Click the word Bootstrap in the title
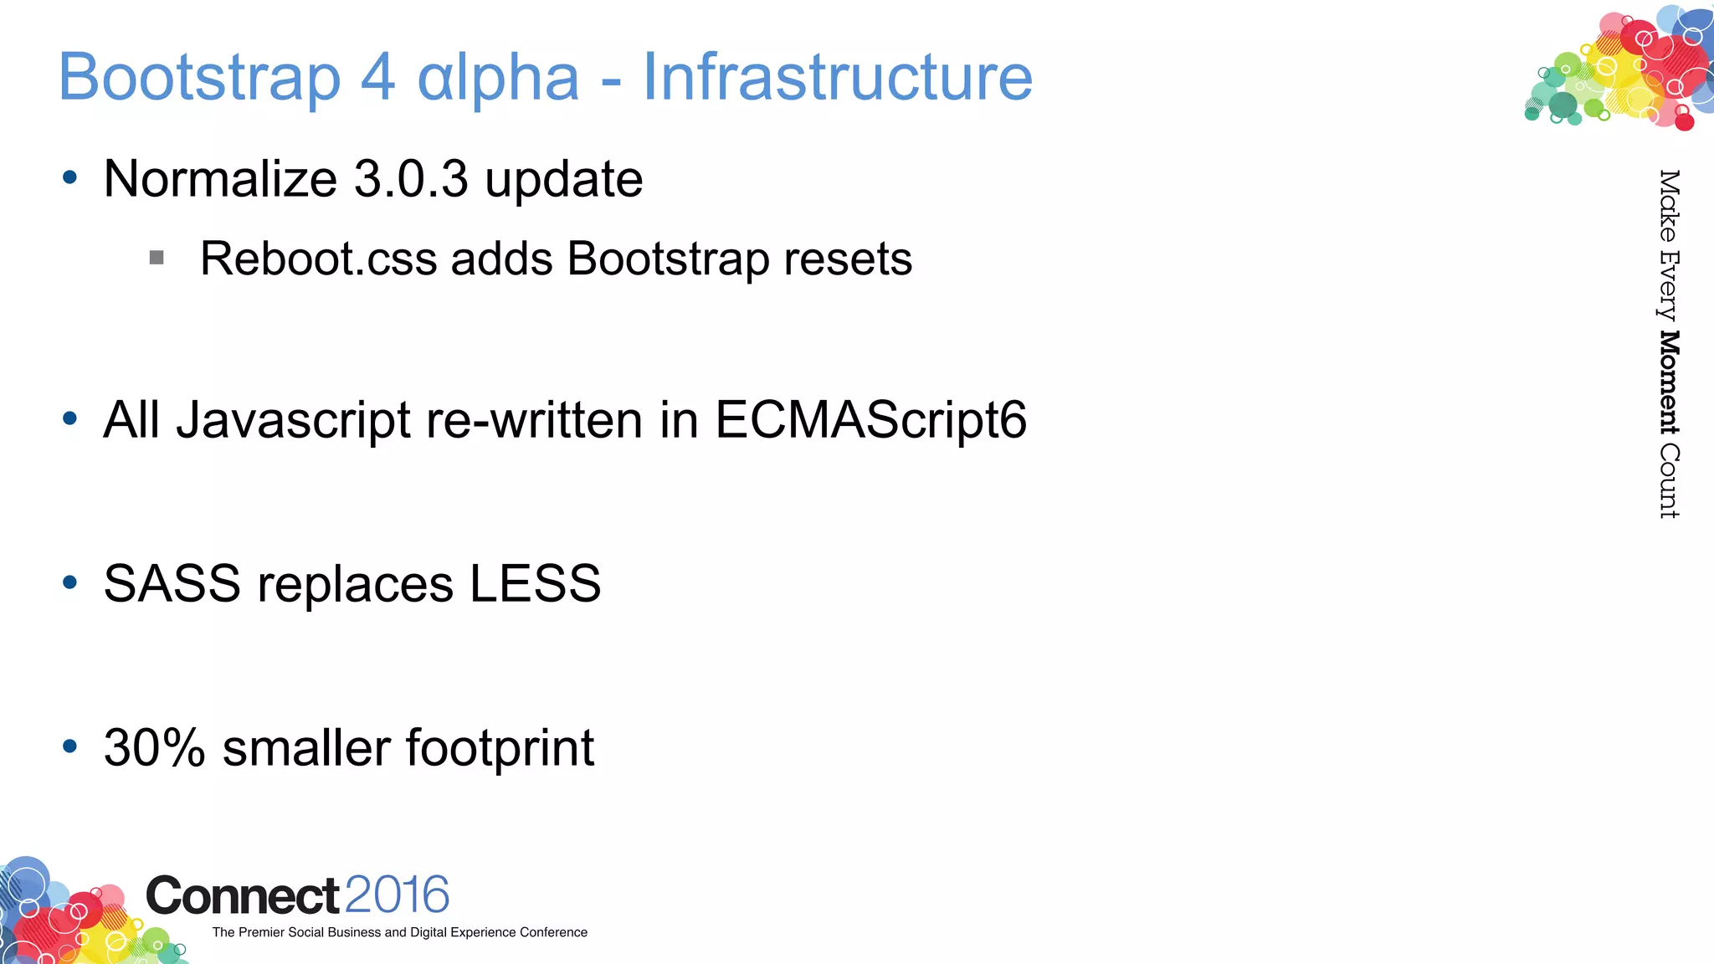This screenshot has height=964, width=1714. pos(199,78)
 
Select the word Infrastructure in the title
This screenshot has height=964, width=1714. pos(838,78)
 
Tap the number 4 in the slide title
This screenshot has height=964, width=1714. pos(377,78)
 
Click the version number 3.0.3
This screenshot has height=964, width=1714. pos(411,179)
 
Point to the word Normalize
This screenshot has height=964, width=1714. pos(220,179)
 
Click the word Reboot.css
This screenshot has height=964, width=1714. pos(319,259)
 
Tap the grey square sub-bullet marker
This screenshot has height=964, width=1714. pos(157,258)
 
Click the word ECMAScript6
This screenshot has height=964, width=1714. pos(870,419)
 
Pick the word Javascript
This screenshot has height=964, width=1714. pos(293,419)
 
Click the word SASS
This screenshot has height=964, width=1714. pos(172,583)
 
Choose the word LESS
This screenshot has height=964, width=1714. pos(535,583)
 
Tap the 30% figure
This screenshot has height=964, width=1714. pos(154,747)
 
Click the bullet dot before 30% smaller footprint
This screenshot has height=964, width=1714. pos(70,746)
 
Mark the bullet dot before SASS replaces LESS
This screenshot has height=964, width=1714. pos(70,582)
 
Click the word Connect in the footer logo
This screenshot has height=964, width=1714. pos(243,896)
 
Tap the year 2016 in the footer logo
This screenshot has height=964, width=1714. pos(397,895)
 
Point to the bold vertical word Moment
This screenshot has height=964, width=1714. pos(1669,382)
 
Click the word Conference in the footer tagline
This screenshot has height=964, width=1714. pos(553,932)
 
